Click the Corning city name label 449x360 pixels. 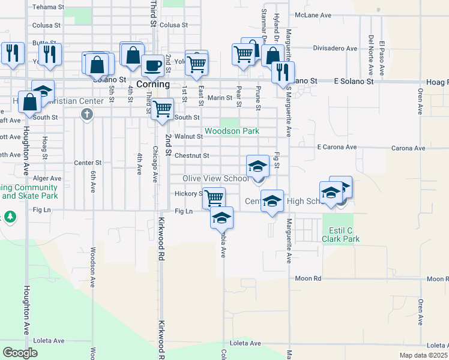(153, 85)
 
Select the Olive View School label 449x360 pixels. (215, 179)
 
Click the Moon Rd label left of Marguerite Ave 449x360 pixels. (309, 278)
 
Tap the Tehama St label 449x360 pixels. (48, 7)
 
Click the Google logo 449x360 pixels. (20, 353)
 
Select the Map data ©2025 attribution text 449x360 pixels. (423, 355)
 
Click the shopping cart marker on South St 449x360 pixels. (162, 110)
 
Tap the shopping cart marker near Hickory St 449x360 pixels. (214, 197)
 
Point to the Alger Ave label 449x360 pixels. (47, 179)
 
